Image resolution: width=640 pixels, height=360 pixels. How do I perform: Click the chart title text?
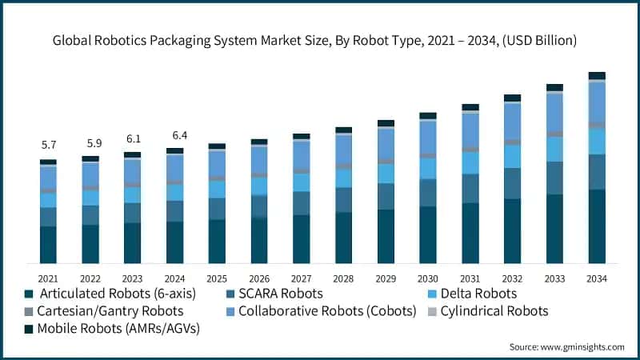click(x=320, y=39)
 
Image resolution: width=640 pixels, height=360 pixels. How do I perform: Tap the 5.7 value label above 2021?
click(x=48, y=146)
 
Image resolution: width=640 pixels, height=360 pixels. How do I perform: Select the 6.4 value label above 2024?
click(x=174, y=134)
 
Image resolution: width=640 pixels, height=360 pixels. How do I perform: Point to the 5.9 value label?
click(x=90, y=143)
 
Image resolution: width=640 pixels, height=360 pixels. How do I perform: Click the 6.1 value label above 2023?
click(x=132, y=138)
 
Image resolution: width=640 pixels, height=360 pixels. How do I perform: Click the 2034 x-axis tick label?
click(x=596, y=278)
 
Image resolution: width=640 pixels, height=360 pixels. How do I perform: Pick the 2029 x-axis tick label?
click(x=386, y=278)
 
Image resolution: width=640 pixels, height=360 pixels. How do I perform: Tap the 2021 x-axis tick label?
click(x=48, y=278)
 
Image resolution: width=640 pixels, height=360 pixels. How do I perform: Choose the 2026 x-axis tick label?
click(x=259, y=278)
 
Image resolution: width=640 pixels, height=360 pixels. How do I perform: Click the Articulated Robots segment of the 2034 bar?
click(x=596, y=226)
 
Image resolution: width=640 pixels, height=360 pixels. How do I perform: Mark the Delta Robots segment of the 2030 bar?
click(x=428, y=168)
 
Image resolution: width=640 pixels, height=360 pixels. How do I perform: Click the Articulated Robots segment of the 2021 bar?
click(x=48, y=245)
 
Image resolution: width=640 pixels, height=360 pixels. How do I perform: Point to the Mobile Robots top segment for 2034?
click(x=596, y=76)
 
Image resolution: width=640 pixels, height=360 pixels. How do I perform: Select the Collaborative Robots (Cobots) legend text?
click(x=327, y=310)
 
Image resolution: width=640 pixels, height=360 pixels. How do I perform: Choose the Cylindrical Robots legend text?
click(x=497, y=310)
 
